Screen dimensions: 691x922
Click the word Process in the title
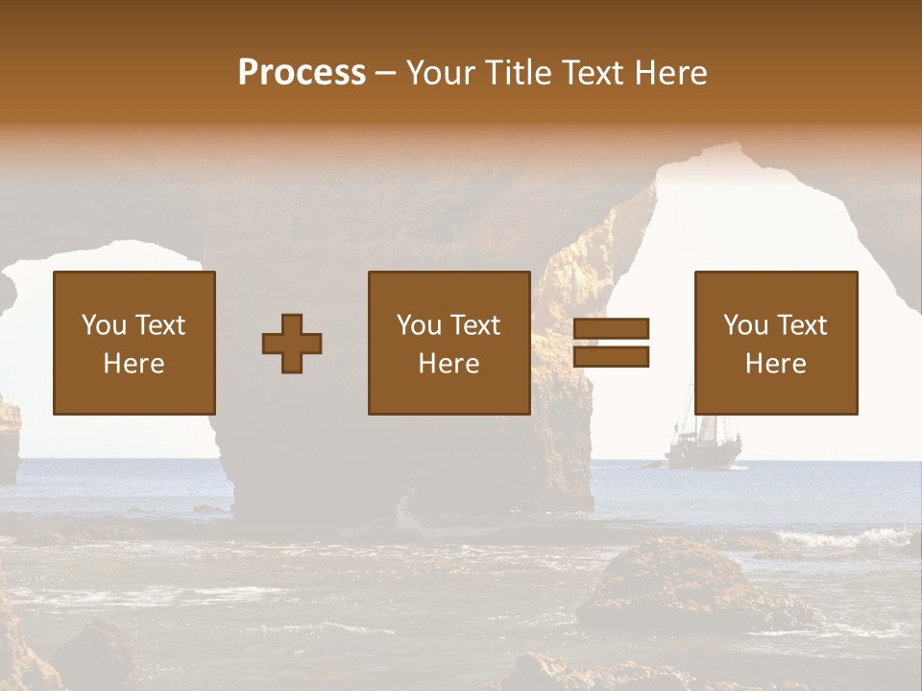302,73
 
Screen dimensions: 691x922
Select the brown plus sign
292,344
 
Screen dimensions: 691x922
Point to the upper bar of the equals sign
611,329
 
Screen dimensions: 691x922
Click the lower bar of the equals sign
611,357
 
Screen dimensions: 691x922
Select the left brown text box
134,343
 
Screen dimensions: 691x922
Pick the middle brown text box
449,343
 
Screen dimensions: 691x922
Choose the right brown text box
776,343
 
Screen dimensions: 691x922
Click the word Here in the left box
133,364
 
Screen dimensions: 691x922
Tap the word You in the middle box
419,325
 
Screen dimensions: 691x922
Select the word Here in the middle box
449,364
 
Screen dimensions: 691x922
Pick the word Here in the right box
775,364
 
